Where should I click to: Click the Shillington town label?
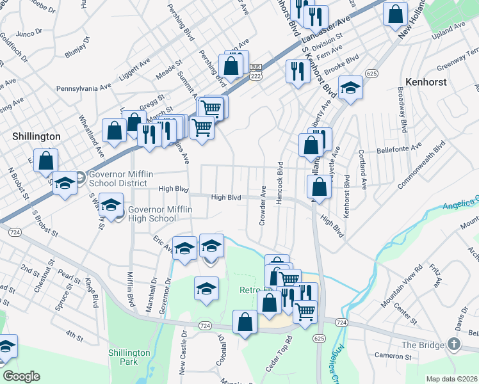(37, 136)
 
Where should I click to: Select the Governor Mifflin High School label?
(152, 214)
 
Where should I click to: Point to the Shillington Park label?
(129, 357)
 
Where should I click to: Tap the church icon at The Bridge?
(454, 344)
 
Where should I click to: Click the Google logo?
(21, 376)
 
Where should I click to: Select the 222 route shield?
(256, 76)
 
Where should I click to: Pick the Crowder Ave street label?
(263, 205)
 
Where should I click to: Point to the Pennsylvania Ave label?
(83, 88)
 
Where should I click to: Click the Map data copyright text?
(451, 379)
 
